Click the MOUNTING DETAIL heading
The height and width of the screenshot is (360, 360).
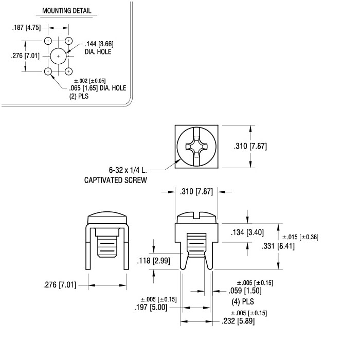(66, 11)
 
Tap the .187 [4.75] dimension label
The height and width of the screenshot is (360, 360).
(26, 28)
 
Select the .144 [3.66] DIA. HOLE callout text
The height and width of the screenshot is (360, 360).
(99, 48)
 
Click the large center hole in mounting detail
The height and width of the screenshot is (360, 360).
(58, 56)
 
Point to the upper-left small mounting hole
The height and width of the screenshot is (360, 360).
(48, 41)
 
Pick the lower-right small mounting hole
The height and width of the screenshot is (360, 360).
(68, 71)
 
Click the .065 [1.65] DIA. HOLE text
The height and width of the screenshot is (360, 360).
(98, 88)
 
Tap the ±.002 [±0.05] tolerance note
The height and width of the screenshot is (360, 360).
(90, 81)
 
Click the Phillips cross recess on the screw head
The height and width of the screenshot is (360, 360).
(196, 146)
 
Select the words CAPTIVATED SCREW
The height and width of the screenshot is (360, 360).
(116, 180)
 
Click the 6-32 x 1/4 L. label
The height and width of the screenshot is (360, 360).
(128, 170)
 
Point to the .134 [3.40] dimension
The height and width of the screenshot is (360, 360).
(247, 232)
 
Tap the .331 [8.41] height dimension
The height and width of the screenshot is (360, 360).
(278, 246)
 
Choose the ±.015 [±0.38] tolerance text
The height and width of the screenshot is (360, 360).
(300, 237)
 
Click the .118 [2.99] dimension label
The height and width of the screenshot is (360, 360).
(154, 261)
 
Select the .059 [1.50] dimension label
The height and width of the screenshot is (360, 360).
(245, 291)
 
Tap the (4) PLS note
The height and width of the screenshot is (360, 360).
(243, 301)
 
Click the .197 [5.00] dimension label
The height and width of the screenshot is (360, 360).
(151, 307)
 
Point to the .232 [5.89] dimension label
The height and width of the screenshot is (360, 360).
(238, 321)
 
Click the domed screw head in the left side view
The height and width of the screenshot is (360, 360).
(107, 218)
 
